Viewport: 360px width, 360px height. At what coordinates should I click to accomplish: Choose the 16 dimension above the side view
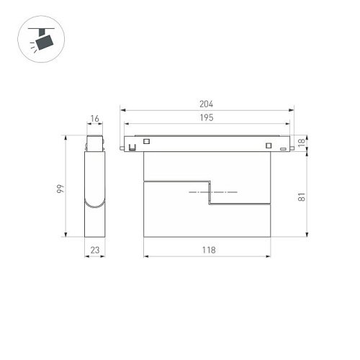coord(95,117)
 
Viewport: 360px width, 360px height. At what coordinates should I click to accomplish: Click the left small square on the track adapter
coord(147,141)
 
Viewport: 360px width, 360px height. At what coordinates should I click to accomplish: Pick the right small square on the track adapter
coord(268,147)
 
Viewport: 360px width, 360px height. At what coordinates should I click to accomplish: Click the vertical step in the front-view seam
coord(210,194)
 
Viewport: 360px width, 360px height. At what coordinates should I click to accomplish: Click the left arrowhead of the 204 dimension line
coord(122,110)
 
